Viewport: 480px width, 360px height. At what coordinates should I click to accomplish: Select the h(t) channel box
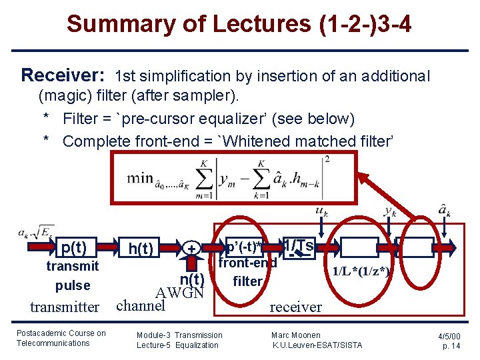point(141,249)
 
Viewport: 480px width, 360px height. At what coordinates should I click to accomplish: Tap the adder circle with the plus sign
point(192,249)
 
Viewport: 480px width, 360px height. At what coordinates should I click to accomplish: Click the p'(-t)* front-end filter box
point(244,248)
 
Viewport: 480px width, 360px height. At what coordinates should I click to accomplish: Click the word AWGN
point(179,291)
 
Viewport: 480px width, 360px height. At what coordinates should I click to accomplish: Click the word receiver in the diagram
point(295,307)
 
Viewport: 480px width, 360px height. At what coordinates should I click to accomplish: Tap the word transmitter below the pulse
point(65,307)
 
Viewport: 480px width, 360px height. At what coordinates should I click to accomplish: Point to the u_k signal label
point(321,212)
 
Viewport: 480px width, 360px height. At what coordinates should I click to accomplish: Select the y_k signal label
point(390,212)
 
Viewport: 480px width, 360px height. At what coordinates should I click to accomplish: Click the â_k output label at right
point(444,212)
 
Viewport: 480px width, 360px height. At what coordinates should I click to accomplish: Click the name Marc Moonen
point(296,335)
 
